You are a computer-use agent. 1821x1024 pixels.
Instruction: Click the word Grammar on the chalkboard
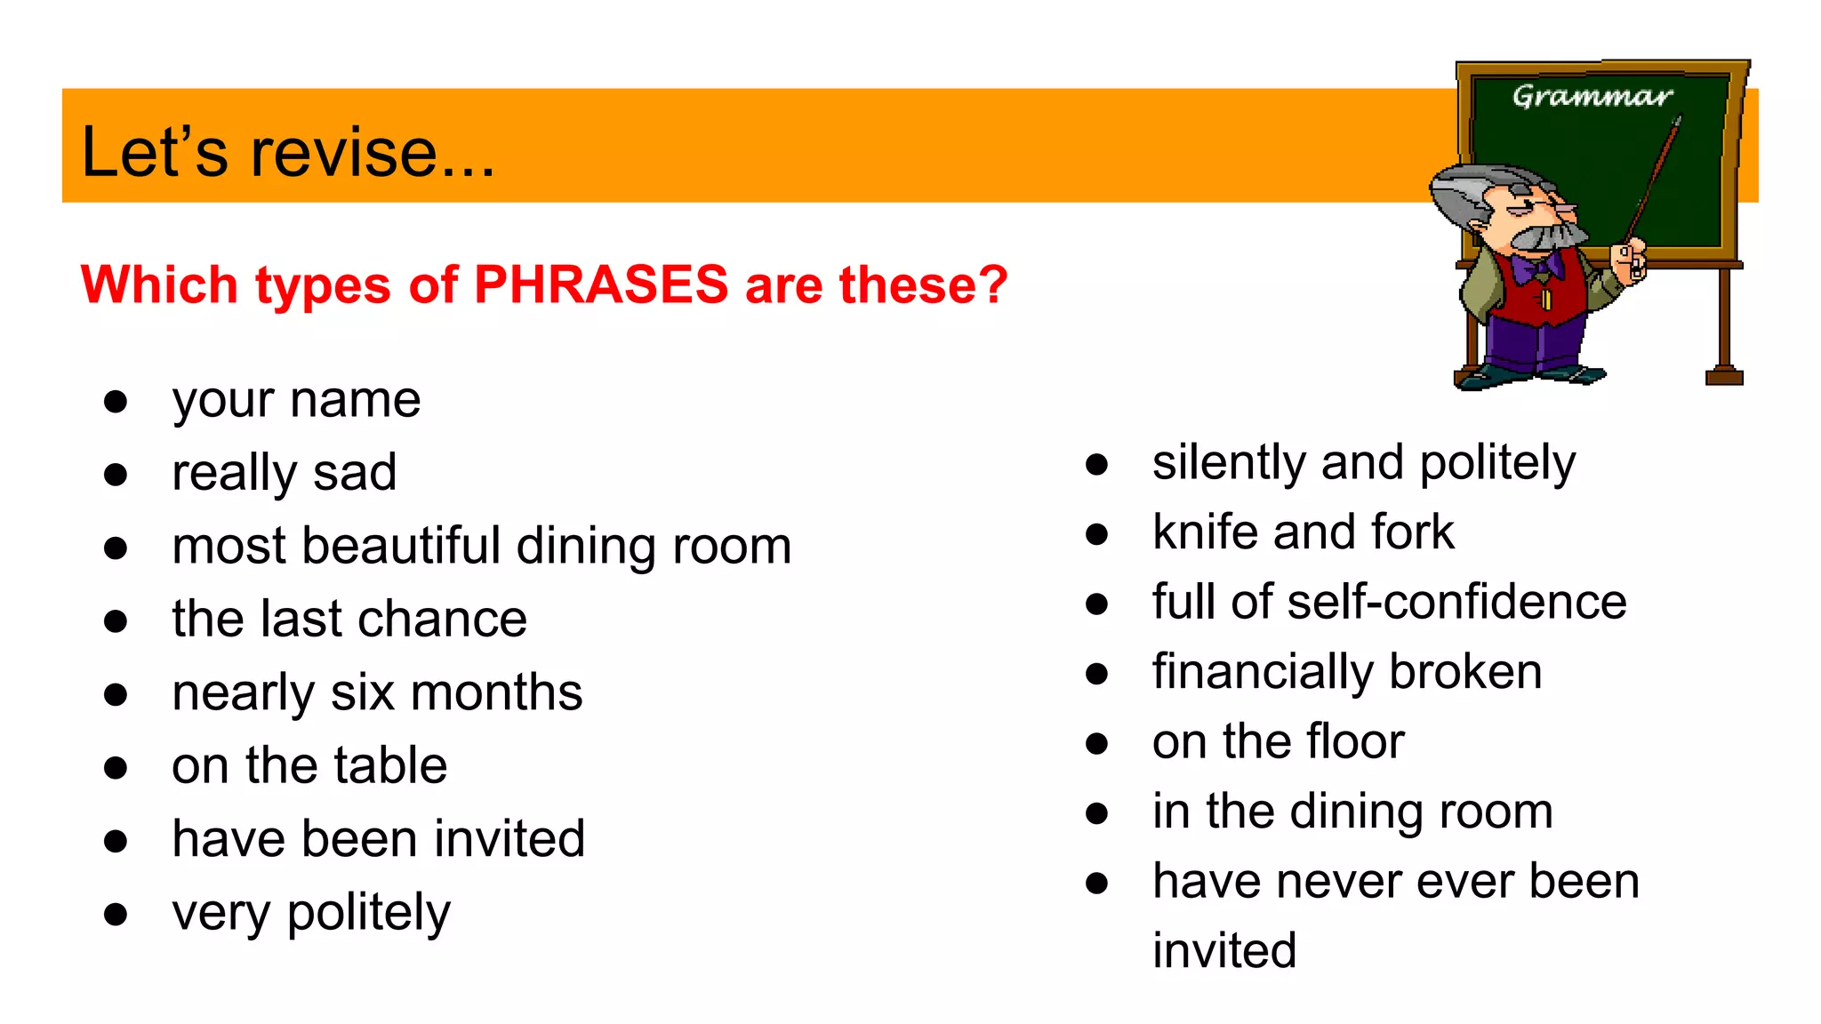tap(1592, 96)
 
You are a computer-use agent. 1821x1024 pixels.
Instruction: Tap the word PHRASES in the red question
tap(601, 285)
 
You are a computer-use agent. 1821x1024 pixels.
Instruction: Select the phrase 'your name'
tap(296, 401)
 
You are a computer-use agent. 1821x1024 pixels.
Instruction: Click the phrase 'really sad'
tap(285, 472)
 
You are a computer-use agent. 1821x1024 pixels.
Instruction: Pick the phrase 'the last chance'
tap(349, 619)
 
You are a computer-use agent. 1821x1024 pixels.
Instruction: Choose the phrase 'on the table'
tap(309, 765)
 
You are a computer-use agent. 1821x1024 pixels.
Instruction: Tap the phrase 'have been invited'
tap(379, 839)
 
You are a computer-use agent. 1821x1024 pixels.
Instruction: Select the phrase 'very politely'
tap(311, 913)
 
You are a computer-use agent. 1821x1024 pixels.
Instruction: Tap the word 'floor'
tap(1357, 741)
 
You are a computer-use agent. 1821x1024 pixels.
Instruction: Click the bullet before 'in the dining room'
tap(1097, 813)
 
